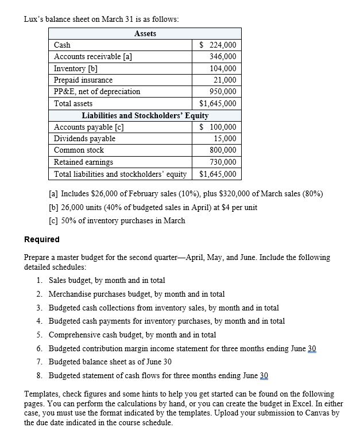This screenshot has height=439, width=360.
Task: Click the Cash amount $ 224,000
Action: coord(217,45)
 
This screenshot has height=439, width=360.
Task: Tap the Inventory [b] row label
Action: coord(75,68)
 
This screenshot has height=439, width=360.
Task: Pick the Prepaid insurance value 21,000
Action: coord(223,80)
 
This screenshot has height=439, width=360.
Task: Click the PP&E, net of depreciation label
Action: coord(97,92)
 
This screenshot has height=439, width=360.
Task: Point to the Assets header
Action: coord(145,34)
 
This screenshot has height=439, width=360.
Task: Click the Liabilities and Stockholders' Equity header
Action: coord(145,115)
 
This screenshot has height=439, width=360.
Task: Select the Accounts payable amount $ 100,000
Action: coord(217,127)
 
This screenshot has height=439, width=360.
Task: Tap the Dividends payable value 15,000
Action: coord(223,138)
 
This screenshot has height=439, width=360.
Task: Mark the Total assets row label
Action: coord(73,104)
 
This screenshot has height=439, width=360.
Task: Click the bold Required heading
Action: coord(41,239)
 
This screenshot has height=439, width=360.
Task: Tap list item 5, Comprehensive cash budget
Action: coord(132,335)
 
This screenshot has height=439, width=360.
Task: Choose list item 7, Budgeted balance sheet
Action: coord(110,362)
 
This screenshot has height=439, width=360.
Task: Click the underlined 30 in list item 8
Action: coord(264,375)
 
